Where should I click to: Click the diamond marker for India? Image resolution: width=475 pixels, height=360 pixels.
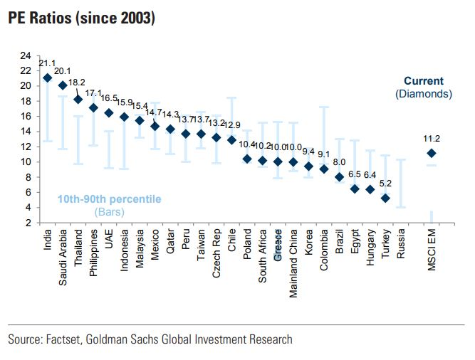[x=47, y=78]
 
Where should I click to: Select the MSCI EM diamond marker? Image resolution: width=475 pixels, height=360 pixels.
[x=431, y=153]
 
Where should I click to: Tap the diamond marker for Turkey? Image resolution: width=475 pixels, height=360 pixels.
[x=385, y=198]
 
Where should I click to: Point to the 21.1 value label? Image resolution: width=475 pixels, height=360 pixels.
[x=47, y=63]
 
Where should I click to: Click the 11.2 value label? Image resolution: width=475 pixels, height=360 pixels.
[x=431, y=138]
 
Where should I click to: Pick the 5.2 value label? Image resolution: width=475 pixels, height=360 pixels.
[x=385, y=184]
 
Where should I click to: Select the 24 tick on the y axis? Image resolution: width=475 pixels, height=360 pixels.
[x=26, y=55]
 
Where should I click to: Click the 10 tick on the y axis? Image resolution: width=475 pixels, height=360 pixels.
[x=26, y=162]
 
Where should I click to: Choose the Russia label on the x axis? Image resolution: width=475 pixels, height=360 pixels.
[x=401, y=245]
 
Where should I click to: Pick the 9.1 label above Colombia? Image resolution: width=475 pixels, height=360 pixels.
[x=324, y=154]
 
